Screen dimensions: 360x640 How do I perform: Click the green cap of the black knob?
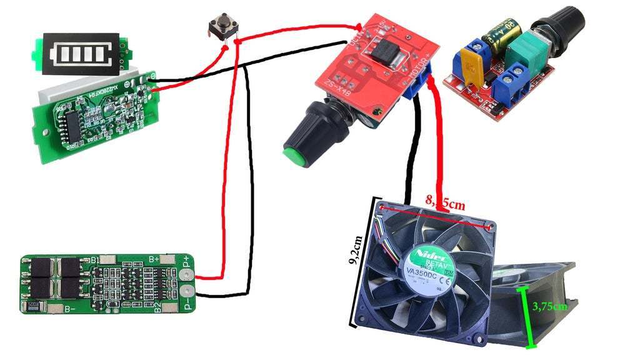click(x=298, y=157)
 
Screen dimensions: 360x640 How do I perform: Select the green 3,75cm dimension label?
click(x=550, y=307)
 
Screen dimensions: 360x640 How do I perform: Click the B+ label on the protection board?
click(x=154, y=258)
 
